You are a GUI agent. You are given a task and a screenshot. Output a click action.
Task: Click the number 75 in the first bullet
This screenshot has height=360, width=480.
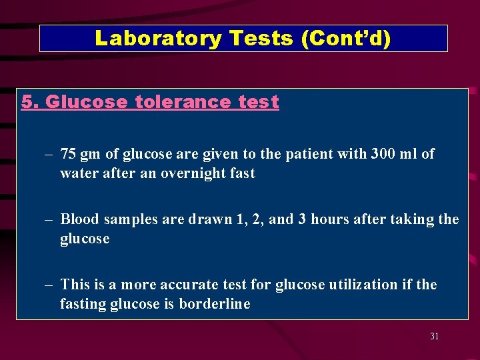(67, 154)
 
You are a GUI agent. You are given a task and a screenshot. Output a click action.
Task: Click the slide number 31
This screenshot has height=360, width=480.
(434, 337)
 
